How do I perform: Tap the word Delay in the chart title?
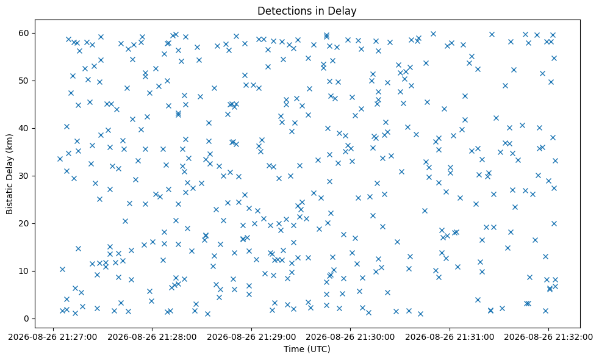[x=342, y=11]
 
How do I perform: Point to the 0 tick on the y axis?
[x=26, y=319]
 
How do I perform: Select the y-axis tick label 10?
[x=24, y=272]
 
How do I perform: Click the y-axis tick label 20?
[x=24, y=223]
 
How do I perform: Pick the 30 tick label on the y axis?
[x=24, y=176]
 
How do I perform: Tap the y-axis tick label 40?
[x=24, y=128]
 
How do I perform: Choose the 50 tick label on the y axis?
[x=24, y=81]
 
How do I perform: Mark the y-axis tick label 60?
[x=24, y=33]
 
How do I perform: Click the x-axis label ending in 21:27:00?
[x=53, y=337]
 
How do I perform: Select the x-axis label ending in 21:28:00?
[x=152, y=337]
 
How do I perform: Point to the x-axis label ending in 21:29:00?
[x=251, y=337]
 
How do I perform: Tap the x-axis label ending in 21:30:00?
[x=350, y=337]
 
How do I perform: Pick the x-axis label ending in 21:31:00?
[x=450, y=337]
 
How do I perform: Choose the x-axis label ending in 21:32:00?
[x=548, y=337]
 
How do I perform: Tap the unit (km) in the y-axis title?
[x=10, y=142]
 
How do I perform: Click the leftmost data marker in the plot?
[x=60, y=159]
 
